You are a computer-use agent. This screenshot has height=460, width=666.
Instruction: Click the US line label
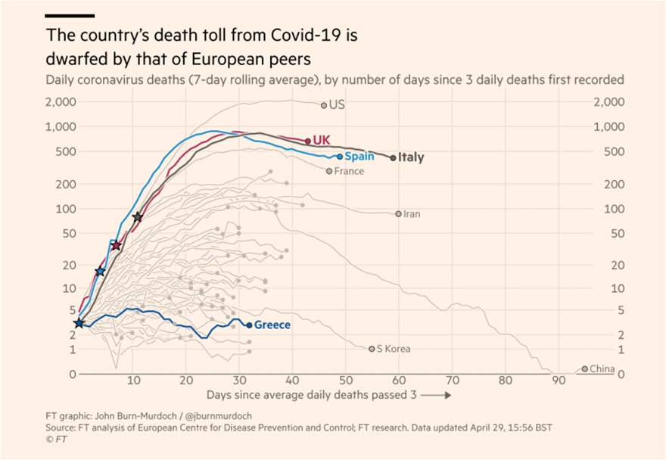338,104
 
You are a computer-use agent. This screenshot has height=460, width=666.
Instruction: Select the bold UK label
322,140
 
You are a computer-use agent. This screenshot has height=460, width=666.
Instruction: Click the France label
349,171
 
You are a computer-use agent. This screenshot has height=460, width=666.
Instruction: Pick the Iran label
412,214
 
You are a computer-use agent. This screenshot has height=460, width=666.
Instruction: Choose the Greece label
272,325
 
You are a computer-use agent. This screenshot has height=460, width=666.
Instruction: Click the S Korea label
394,349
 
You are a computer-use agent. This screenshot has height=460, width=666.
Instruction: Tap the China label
602,368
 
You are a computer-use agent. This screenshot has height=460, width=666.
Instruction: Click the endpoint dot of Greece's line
249,325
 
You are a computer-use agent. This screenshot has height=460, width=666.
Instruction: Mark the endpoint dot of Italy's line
393,157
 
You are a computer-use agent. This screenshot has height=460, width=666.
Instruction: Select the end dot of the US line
324,106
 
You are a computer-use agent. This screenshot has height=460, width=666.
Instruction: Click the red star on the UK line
116,245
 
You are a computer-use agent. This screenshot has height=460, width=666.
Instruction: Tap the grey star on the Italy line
137,217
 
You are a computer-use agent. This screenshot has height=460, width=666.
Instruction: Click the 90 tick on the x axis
559,381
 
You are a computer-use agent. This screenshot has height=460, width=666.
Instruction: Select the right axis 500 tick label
607,151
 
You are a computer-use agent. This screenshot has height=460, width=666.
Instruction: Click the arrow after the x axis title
437,395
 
